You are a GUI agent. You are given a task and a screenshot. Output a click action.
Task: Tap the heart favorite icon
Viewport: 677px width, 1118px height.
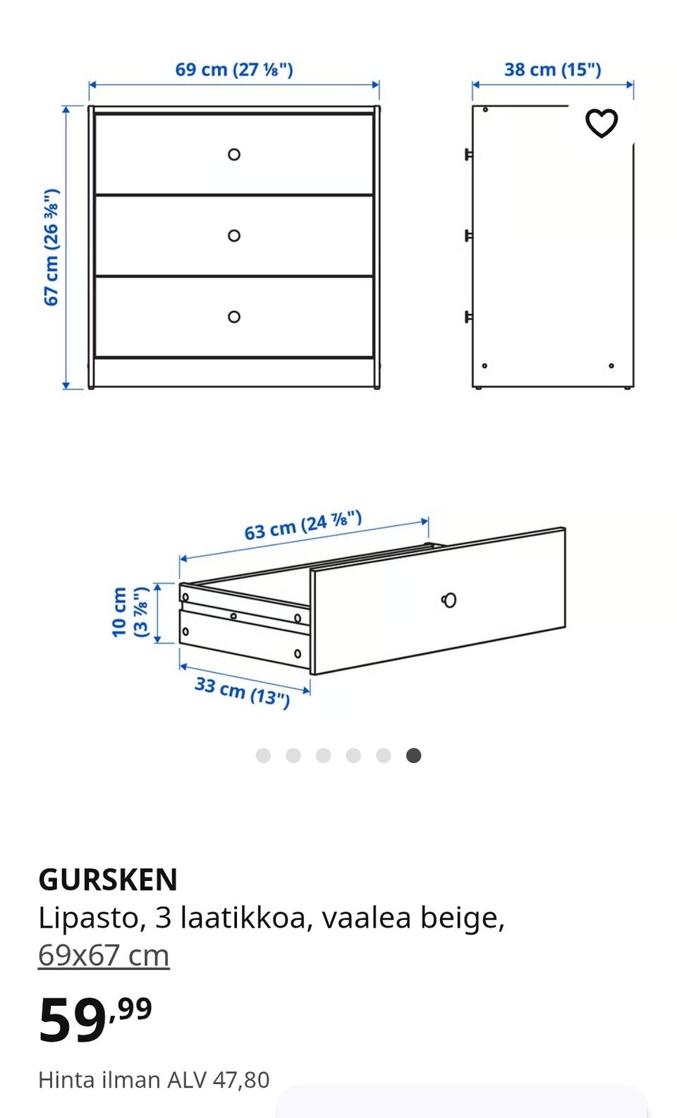click(x=601, y=123)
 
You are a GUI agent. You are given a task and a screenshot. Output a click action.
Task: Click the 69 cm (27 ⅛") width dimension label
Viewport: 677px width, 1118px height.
click(x=234, y=69)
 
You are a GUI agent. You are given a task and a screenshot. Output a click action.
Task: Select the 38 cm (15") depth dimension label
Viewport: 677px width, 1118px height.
click(x=553, y=69)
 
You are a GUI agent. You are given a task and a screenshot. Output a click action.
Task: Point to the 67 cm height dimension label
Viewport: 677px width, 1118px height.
click(x=51, y=247)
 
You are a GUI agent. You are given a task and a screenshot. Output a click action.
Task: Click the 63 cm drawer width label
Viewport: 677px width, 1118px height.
click(x=303, y=525)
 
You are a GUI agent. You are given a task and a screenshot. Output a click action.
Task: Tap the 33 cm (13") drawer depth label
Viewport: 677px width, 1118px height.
click(x=243, y=692)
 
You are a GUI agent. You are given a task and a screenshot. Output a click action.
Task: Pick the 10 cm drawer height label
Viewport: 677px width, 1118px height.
click(x=130, y=612)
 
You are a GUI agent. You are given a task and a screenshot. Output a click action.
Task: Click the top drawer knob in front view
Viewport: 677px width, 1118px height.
click(x=234, y=154)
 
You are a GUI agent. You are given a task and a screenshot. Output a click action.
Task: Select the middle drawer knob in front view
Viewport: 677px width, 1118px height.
click(x=234, y=236)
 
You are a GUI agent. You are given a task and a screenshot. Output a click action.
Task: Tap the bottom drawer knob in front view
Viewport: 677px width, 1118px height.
click(x=234, y=317)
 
